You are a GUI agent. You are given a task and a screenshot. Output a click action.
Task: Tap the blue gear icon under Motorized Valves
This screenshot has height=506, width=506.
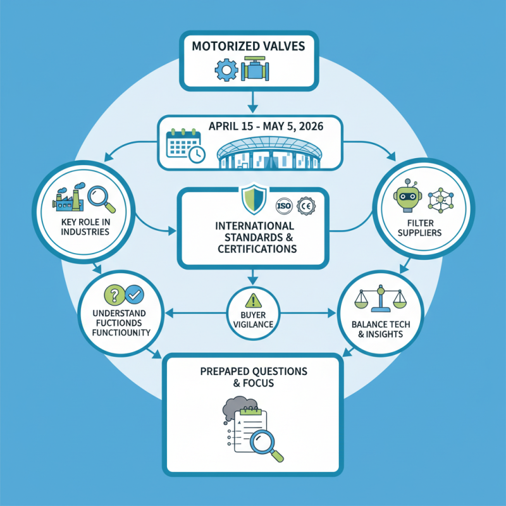click(226, 70)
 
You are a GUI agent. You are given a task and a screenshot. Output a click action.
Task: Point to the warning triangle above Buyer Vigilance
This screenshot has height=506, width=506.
click(253, 300)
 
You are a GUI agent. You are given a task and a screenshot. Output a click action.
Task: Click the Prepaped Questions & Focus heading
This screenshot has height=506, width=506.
click(253, 374)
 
